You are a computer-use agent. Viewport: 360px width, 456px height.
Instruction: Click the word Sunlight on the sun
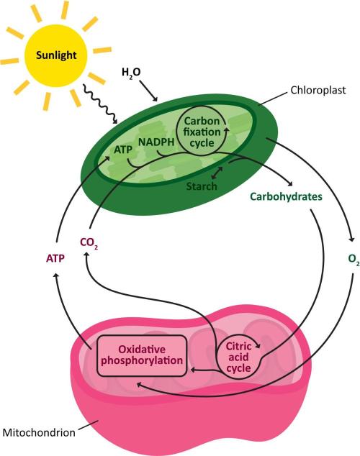pos(56,55)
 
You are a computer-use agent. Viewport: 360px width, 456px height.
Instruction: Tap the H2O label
pos(131,73)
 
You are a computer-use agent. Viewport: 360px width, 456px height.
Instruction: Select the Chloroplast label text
pos(318,90)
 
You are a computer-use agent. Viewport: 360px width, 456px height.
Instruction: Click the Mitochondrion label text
pos(39,432)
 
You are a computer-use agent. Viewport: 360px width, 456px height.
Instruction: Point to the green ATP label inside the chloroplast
pos(123,150)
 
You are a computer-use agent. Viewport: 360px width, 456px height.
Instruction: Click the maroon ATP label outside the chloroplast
pos(55,258)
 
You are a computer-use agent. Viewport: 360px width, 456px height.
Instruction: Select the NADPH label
pos(156,142)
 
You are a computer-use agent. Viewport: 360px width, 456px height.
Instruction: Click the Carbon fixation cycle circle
pos(202,132)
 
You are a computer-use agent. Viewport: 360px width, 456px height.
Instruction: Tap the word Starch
pos(202,186)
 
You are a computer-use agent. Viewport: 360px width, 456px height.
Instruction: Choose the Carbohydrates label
pos(287,196)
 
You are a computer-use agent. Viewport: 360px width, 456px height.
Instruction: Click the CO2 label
pos(89,243)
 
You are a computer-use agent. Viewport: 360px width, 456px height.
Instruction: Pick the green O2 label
pos(354,259)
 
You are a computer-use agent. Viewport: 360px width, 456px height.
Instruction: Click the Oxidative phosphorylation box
pos(141,356)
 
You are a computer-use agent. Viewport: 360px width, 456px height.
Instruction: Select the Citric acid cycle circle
pos(238,357)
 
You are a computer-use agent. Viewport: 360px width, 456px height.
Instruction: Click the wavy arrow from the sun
pos(100,104)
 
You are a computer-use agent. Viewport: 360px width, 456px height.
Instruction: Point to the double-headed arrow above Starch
pos(217,173)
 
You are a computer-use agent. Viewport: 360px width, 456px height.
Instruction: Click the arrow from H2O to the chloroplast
pos(149,91)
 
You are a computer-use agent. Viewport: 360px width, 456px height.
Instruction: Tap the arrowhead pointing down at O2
pos(351,239)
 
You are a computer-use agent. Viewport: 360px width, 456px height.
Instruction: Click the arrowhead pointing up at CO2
pos(86,255)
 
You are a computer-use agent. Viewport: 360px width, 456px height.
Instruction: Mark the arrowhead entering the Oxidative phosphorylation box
pos(193,370)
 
